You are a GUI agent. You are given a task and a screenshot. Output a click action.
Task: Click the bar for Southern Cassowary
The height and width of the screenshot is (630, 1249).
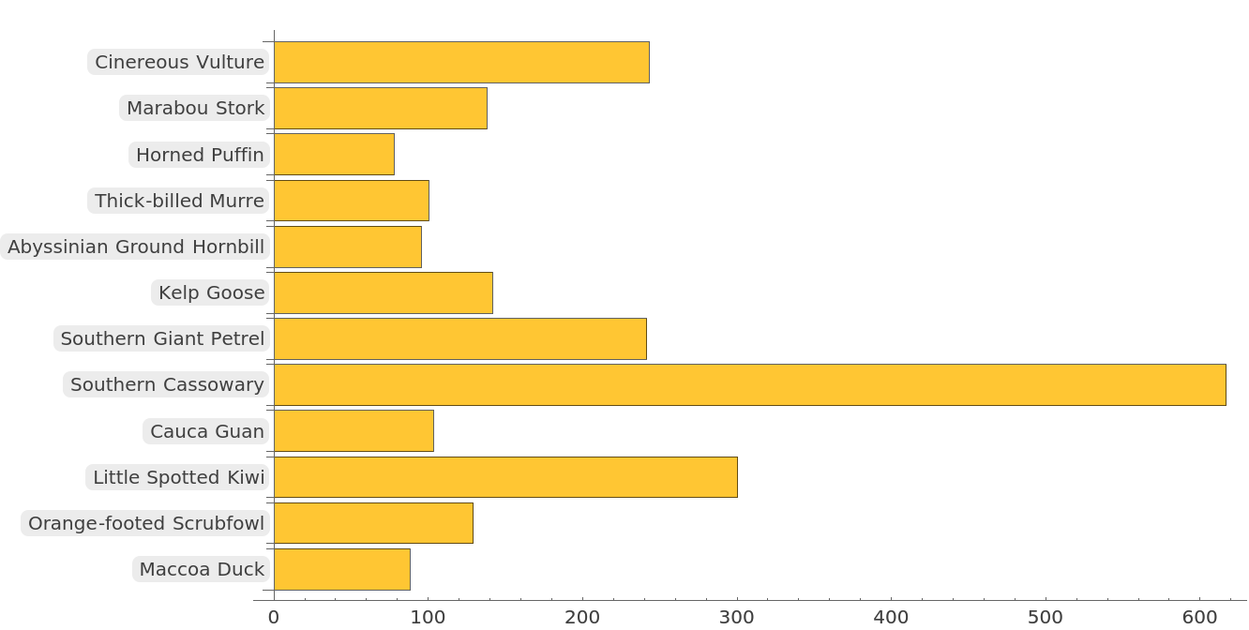[x=749, y=385]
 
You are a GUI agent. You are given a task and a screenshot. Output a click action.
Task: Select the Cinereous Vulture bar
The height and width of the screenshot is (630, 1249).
[x=461, y=62]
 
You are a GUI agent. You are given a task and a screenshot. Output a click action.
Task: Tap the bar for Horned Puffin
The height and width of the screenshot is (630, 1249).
[x=334, y=155]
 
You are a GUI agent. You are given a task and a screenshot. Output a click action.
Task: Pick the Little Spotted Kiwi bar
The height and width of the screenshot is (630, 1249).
[x=505, y=477]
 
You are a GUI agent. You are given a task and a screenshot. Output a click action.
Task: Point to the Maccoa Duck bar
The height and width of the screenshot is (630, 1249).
[x=341, y=569]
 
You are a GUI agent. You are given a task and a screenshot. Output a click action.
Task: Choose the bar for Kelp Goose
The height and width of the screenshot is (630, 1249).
[x=383, y=292]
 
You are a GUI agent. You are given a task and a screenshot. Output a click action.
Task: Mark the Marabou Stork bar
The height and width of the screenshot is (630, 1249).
[x=380, y=108]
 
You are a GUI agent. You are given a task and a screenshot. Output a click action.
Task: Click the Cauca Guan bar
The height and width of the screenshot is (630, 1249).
[x=354, y=431]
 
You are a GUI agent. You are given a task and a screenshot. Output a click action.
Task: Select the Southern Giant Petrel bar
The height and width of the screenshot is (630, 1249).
[x=459, y=338]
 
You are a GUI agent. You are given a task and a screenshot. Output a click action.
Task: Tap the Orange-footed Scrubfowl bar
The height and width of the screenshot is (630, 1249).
[x=373, y=523]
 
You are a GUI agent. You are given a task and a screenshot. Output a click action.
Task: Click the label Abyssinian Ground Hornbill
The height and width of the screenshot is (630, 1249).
[x=137, y=247]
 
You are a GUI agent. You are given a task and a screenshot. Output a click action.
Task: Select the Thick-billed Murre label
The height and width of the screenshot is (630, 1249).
[x=180, y=201]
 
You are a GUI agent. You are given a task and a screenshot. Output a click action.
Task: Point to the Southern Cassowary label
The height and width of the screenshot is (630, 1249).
[x=167, y=384]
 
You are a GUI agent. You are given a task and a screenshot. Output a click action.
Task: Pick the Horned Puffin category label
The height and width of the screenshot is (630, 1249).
[x=200, y=155]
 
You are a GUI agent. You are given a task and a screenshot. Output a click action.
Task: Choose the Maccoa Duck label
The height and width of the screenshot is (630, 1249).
[x=202, y=569]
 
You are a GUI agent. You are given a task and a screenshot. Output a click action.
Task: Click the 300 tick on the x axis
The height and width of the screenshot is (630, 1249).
[x=737, y=617]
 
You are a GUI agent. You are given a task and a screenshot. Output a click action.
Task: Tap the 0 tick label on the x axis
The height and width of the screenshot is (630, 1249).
[x=274, y=617]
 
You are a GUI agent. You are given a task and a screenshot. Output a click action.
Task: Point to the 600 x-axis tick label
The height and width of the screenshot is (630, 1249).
[x=1199, y=617]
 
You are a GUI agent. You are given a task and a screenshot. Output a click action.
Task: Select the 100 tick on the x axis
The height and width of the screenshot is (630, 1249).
[x=429, y=617]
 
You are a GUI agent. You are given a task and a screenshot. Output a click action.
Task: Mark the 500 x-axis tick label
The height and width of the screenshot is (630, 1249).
[x=1046, y=617]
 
